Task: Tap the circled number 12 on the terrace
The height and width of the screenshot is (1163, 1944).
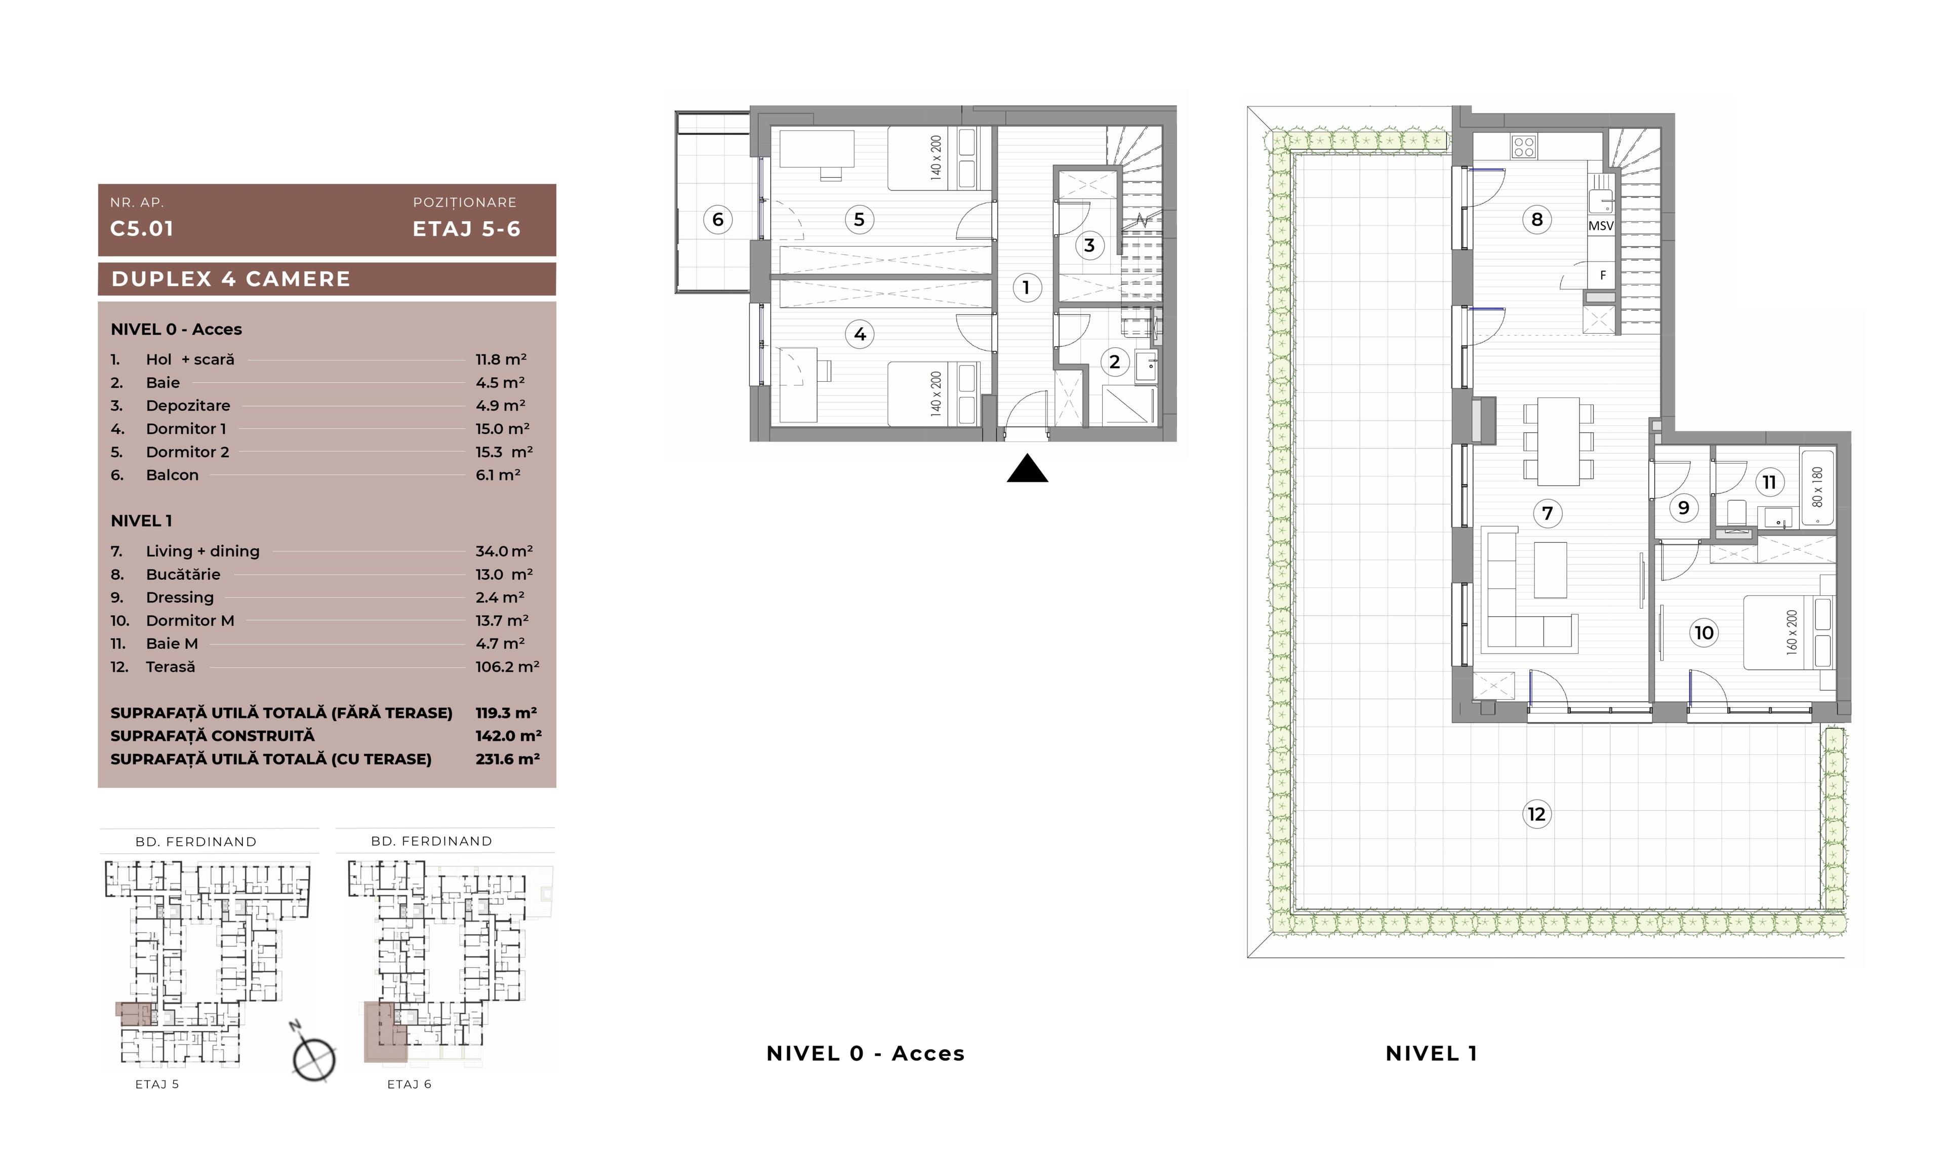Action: [1536, 814]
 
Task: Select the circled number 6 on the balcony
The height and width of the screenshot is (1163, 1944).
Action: [718, 219]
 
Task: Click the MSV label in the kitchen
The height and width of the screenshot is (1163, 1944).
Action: [1601, 226]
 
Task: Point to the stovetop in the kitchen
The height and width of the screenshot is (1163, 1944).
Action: [1524, 146]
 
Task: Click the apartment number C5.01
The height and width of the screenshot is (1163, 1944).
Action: [142, 229]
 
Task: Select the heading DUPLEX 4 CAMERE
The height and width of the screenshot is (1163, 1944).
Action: [231, 279]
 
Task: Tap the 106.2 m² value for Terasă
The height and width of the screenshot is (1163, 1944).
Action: [507, 667]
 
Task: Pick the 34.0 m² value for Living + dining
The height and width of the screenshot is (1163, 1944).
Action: [504, 551]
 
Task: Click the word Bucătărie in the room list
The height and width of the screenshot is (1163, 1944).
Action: [183, 575]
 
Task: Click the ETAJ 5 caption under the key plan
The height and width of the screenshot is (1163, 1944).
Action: [157, 1084]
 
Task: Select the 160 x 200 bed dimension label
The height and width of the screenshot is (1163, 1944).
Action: [1792, 632]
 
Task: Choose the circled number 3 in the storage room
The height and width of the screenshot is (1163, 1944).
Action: [1089, 245]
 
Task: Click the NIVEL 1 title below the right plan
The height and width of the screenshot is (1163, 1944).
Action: [1432, 1054]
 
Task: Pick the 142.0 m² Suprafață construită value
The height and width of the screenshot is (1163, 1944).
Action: [508, 736]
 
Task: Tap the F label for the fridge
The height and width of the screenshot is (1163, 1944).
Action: [1602, 275]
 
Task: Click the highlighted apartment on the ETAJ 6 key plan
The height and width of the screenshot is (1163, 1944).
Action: [385, 1031]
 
